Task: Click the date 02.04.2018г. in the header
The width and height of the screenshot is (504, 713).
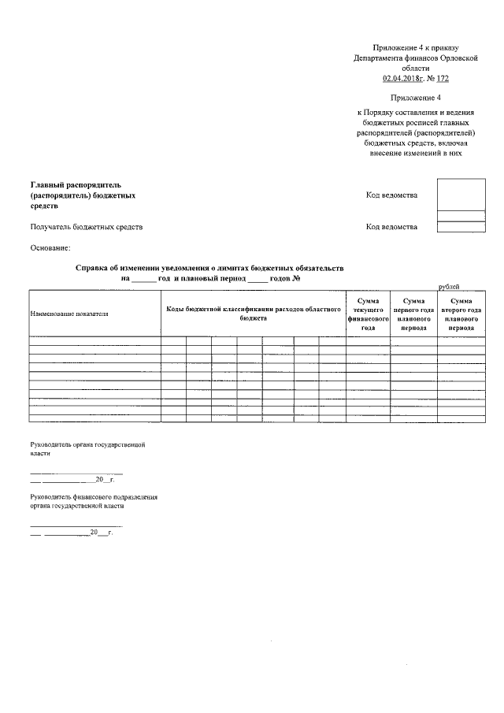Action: click(x=402, y=79)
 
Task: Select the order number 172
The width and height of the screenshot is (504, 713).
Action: click(x=443, y=79)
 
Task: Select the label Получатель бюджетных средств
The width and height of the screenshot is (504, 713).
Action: click(x=86, y=227)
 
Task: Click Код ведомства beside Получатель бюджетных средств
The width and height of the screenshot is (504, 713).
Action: click(x=391, y=227)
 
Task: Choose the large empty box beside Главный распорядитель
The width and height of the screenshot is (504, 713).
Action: click(x=461, y=194)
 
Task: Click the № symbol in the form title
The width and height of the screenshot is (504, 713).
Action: click(x=298, y=279)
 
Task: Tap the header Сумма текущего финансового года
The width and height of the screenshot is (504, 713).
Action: click(x=367, y=314)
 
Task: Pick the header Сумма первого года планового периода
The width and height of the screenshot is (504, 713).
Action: click(x=413, y=314)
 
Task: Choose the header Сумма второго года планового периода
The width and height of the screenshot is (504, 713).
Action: click(x=461, y=314)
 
